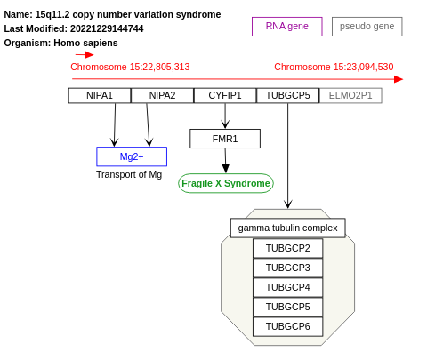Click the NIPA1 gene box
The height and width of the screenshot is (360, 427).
[100, 95]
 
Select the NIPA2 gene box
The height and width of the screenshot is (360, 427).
[162, 95]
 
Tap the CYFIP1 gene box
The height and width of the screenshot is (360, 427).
[224, 95]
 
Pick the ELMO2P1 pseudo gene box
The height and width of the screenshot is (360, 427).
[350, 95]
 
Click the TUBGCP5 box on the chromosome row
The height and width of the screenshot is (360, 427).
[287, 95]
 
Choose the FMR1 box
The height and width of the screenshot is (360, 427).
[225, 139]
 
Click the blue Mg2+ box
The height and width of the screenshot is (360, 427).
[132, 156]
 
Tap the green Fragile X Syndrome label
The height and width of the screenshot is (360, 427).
[226, 183]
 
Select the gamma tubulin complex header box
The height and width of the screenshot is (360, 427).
[287, 228]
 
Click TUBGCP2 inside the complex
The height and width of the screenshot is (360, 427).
[287, 248]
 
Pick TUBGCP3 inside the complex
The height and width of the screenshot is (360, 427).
[287, 268]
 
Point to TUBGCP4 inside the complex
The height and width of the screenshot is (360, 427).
[287, 287]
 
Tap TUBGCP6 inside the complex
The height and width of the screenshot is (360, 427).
[287, 326]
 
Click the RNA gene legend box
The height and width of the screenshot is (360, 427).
[286, 26]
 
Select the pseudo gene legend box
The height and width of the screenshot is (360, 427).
[367, 26]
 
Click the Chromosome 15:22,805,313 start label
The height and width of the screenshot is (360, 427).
[130, 67]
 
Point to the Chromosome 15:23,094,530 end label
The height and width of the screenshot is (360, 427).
[334, 67]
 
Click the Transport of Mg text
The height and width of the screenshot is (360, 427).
[129, 174]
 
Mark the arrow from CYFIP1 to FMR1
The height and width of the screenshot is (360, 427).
[225, 116]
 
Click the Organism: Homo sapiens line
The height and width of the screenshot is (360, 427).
[60, 43]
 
